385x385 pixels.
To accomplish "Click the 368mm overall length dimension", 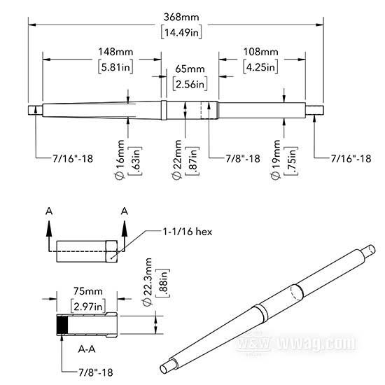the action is tap(181, 17).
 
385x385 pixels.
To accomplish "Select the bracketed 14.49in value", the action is tap(181, 32).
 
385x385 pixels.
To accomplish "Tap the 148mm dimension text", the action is tap(115, 52).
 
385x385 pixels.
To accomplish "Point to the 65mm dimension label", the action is tap(190, 69).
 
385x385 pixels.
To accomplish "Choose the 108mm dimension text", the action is tap(261, 52).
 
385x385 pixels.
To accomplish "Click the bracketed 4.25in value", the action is tap(261, 66).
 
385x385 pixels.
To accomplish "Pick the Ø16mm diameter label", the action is tap(120, 160).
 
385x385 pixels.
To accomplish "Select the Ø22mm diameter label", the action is tap(177, 160).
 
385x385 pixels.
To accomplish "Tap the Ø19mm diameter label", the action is tap(276, 160).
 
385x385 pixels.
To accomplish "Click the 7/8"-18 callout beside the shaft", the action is tap(243, 159).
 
